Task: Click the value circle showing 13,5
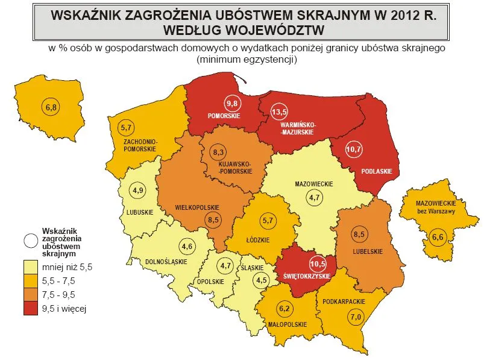click(278, 112)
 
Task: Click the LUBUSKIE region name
click(140, 212)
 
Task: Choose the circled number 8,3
click(218, 153)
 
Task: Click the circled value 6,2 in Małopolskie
click(283, 309)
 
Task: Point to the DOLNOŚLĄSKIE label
click(166, 262)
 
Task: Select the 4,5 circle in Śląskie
click(262, 279)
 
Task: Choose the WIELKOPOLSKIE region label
click(195, 207)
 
